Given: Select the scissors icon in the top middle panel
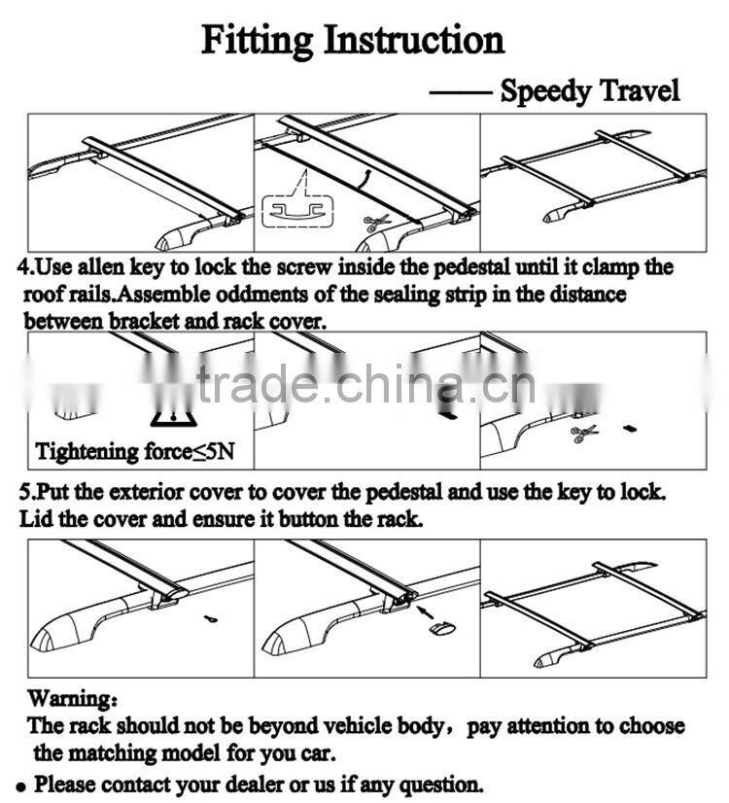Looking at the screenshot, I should point(377,222).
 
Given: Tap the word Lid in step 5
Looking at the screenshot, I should point(36,518).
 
